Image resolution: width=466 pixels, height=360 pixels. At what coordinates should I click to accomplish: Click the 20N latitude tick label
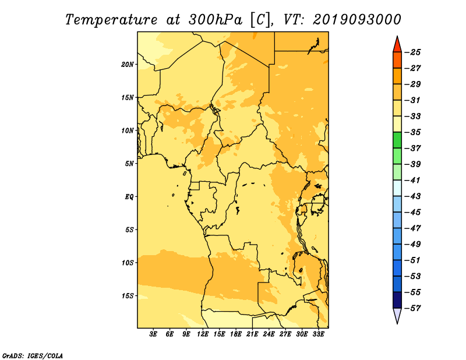coord(128,65)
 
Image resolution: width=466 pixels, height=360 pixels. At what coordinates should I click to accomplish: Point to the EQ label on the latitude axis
coord(129,197)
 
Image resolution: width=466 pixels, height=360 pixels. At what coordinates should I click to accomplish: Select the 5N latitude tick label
coord(129,164)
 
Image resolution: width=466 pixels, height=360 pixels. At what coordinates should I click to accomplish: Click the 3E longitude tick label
coord(153,334)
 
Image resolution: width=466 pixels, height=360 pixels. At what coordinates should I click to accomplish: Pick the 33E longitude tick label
coord(318,334)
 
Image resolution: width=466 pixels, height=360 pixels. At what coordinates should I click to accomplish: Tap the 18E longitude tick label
coord(236,334)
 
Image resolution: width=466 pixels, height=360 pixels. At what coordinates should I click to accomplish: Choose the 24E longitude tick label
coord(269,334)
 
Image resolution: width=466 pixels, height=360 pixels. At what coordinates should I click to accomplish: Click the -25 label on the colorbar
coord(412,52)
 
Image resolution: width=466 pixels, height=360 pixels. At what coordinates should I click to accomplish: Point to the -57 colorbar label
coord(412,308)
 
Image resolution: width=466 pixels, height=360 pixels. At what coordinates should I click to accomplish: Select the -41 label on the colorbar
coord(412,181)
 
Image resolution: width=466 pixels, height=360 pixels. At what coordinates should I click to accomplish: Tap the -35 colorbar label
coord(412,132)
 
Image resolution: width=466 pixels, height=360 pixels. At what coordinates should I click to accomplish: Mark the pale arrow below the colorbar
coord(397,315)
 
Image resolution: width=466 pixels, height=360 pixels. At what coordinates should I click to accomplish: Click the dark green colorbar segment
coord(397,140)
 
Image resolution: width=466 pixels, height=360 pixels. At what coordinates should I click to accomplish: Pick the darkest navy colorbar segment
coord(397,300)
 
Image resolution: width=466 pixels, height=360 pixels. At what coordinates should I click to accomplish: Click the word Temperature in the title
coord(111,20)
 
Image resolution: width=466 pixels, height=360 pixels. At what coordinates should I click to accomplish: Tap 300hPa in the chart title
coord(216,20)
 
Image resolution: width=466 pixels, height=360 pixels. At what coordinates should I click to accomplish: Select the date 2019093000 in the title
coord(356,20)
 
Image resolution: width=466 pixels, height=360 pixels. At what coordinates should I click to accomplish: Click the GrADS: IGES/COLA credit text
coord(33,355)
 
